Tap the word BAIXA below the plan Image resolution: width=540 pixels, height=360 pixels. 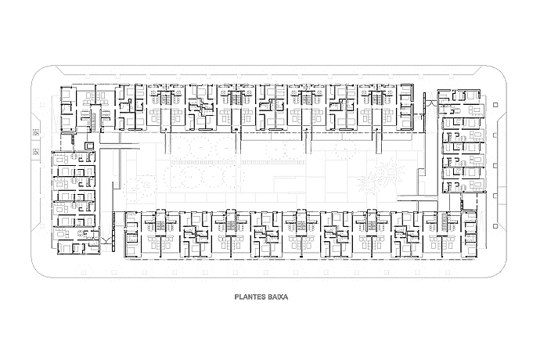(x=276, y=297)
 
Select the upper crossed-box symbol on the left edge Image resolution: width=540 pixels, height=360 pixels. (x=35, y=131)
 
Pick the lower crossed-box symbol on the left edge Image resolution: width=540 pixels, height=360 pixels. (x=35, y=151)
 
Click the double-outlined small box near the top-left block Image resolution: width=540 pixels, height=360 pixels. (x=89, y=146)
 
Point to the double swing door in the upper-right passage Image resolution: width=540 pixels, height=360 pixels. (x=430, y=102)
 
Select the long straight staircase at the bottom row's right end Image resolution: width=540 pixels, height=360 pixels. (x=445, y=223)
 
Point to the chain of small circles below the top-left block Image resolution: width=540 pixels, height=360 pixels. (x=73, y=139)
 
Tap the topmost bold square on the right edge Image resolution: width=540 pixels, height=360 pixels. (x=495, y=105)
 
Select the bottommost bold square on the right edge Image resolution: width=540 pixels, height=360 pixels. (x=495, y=226)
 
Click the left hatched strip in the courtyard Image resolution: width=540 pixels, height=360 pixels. (x=203, y=162)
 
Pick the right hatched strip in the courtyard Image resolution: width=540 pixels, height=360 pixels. (x=274, y=162)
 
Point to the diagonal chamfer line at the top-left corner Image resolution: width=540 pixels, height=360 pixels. (x=59, y=70)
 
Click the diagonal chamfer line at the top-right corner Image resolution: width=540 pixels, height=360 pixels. (x=477, y=70)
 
